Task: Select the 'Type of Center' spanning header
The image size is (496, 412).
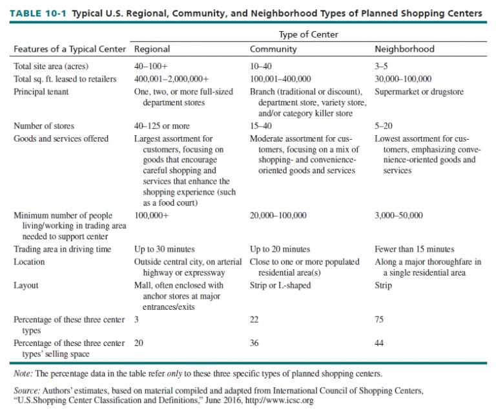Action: coord(308,34)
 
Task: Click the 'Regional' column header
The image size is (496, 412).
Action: coord(152,49)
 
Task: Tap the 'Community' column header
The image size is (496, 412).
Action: coord(273,49)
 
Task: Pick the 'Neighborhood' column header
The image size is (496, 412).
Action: coord(404,49)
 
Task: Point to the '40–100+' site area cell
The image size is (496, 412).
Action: coord(151,67)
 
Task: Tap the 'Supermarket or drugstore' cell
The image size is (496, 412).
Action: coord(418,92)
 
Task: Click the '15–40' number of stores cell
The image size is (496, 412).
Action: coord(262,126)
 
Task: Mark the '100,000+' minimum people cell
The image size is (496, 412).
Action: coord(150,215)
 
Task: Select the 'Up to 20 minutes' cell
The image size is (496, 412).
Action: coord(280,249)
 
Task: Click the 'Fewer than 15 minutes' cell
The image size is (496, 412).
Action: coord(414,249)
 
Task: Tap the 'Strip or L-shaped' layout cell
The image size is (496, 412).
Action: coord(280,285)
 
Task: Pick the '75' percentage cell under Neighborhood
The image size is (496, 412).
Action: coord(379,320)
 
